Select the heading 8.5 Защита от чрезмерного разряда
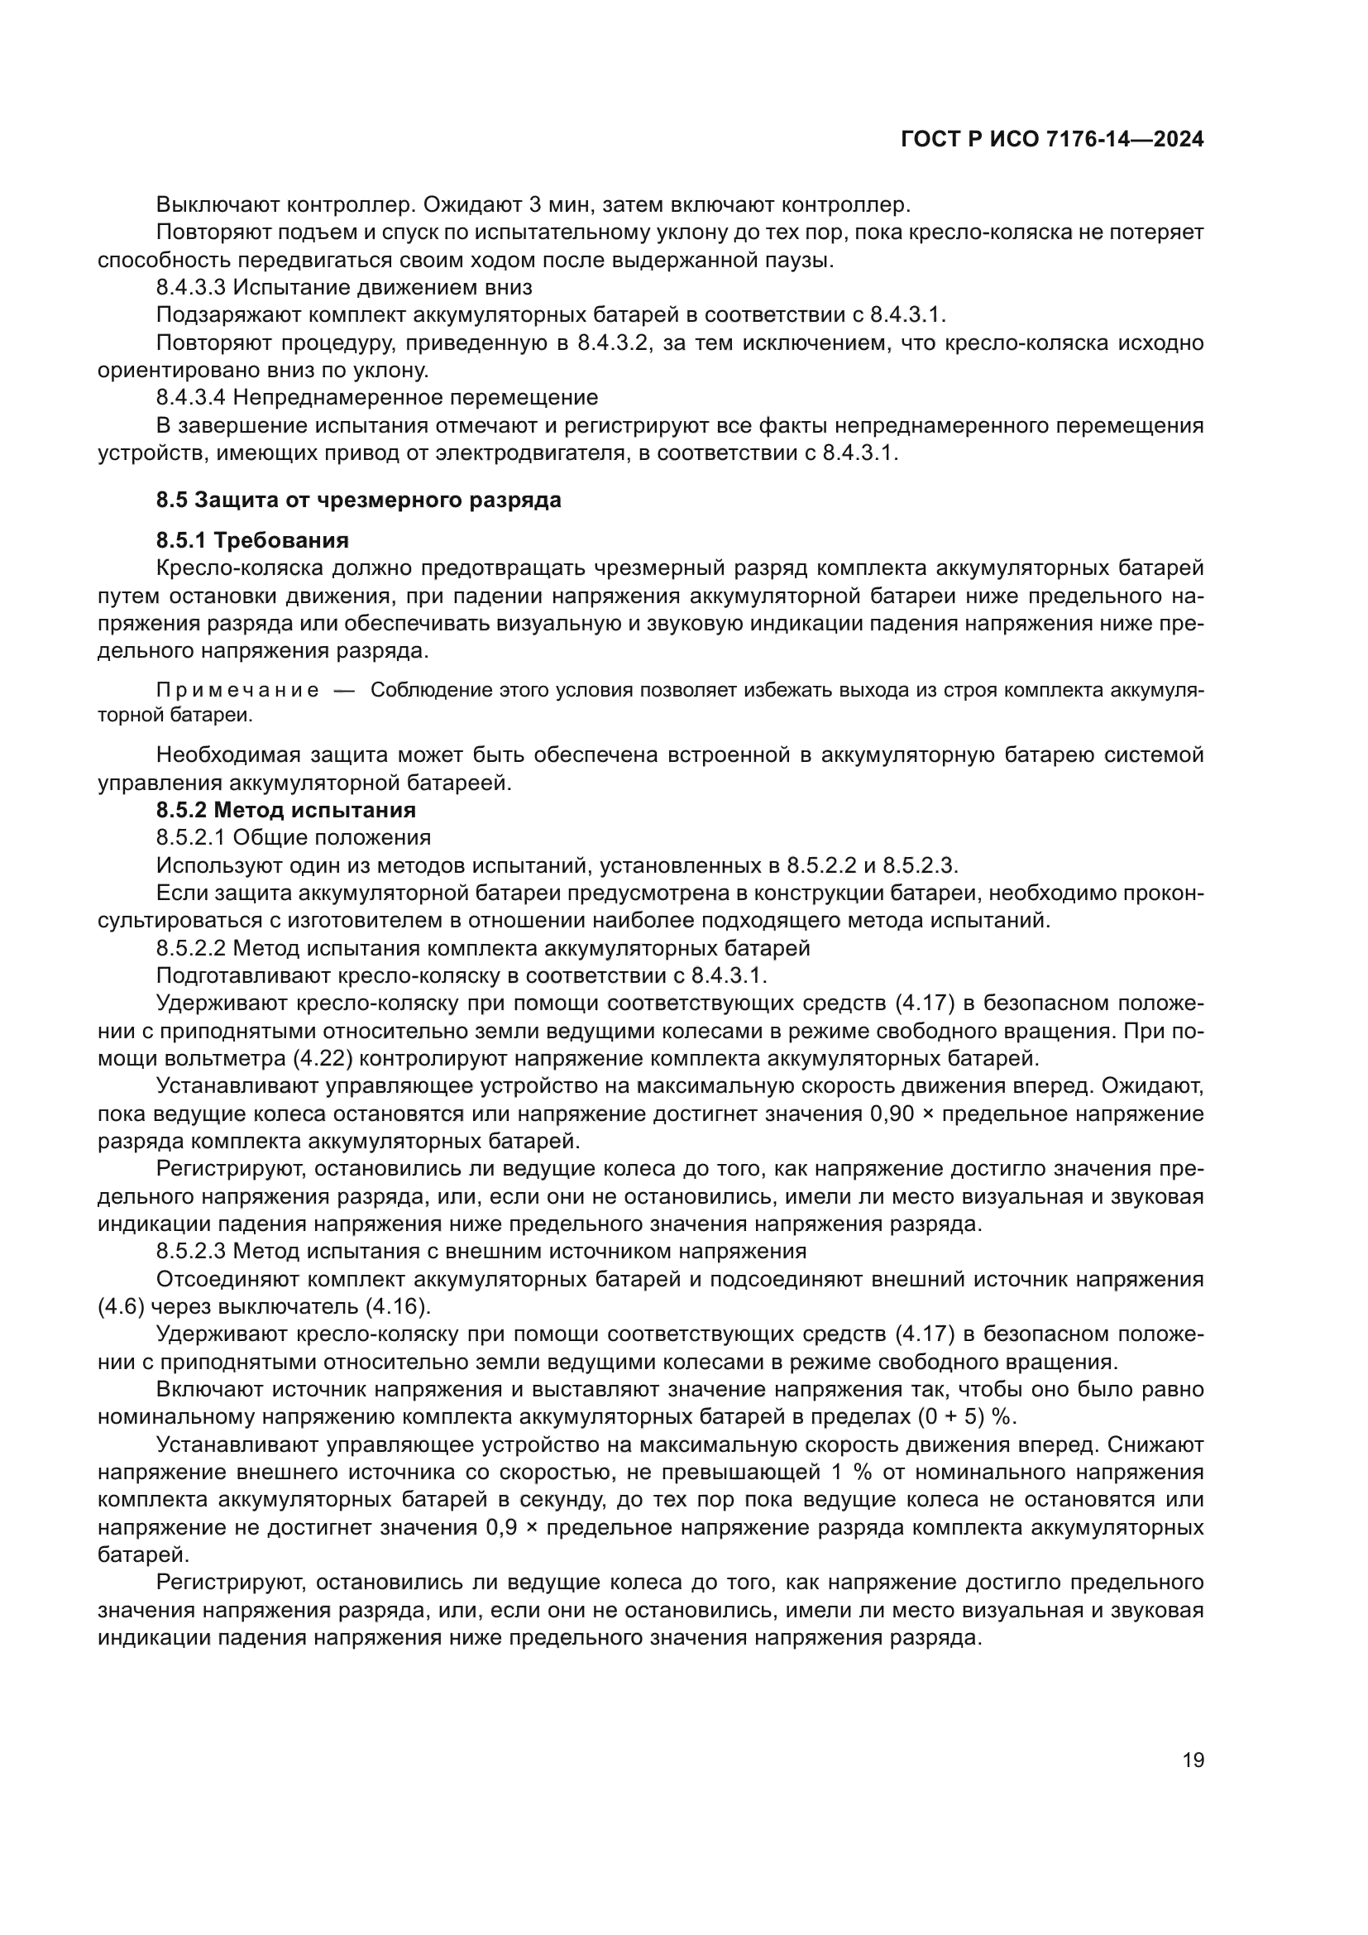(358, 500)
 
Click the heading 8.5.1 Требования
(252, 539)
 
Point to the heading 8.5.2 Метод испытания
(285, 810)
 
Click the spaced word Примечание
(237, 690)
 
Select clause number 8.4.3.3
(191, 287)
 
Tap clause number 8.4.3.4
(191, 397)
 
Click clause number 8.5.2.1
(191, 838)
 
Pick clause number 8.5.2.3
(191, 1251)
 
